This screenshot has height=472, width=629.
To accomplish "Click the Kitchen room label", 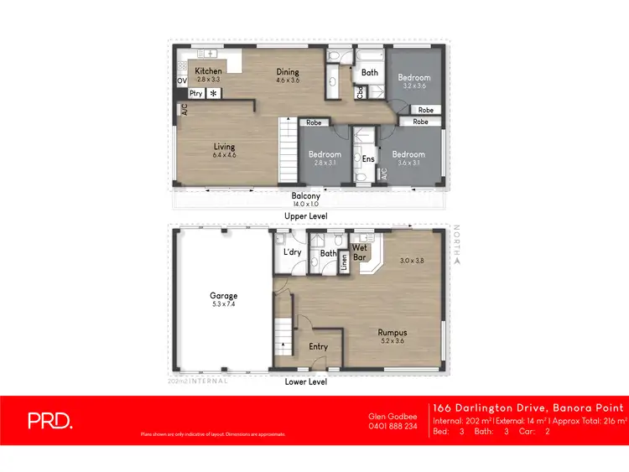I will pyautogui.click(x=209, y=71).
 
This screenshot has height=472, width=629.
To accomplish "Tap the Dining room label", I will pyautogui.click(x=288, y=72).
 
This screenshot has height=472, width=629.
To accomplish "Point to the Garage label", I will pyautogui.click(x=224, y=295).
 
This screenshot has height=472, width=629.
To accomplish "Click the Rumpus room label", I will pyautogui.click(x=392, y=333).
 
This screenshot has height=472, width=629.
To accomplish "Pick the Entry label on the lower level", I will pyautogui.click(x=318, y=346).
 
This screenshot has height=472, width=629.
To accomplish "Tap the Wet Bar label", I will pyautogui.click(x=361, y=253).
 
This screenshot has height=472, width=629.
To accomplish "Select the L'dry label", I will pyautogui.click(x=293, y=252).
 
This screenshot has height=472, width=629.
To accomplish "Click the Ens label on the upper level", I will pyautogui.click(x=368, y=158).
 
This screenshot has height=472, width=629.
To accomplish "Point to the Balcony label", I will pyautogui.click(x=306, y=196).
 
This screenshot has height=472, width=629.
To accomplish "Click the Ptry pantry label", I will pyautogui.click(x=195, y=94).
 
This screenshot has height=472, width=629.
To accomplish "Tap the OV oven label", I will pyautogui.click(x=181, y=80).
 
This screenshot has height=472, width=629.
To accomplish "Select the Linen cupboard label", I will pyautogui.click(x=344, y=262).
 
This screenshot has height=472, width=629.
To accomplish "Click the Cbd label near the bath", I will pyautogui.click(x=360, y=93).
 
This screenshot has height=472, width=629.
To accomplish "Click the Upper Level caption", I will pyautogui.click(x=306, y=215).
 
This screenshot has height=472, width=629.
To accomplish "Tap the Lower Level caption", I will pyautogui.click(x=306, y=381).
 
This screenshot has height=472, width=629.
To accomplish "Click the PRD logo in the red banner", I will pyautogui.click(x=49, y=422).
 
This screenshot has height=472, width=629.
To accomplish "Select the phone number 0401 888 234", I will pyautogui.click(x=393, y=426).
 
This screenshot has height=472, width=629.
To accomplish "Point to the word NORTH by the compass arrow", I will pyautogui.click(x=457, y=241).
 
